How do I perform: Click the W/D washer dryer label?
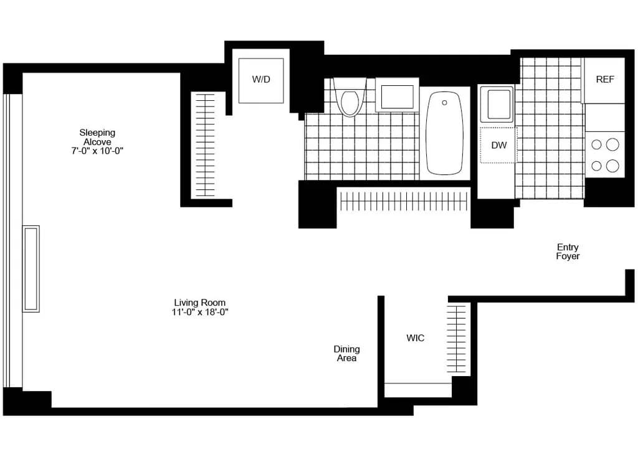[x=261, y=80]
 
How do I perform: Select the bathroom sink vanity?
[x=396, y=96]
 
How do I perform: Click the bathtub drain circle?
[x=444, y=101]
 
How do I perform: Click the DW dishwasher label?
[x=498, y=146]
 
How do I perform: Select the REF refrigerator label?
[x=605, y=80]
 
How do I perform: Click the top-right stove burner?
[x=612, y=145]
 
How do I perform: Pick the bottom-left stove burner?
[x=596, y=166]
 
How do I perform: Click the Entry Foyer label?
[x=568, y=252]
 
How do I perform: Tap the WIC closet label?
[x=416, y=338]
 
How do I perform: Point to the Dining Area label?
[x=346, y=354]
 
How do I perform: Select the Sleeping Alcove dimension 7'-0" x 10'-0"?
[x=97, y=151]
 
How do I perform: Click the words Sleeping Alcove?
[x=97, y=137]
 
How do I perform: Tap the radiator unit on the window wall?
[x=31, y=268]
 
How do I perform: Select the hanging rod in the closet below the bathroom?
[x=403, y=201]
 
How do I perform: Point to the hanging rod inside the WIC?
[x=457, y=339]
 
